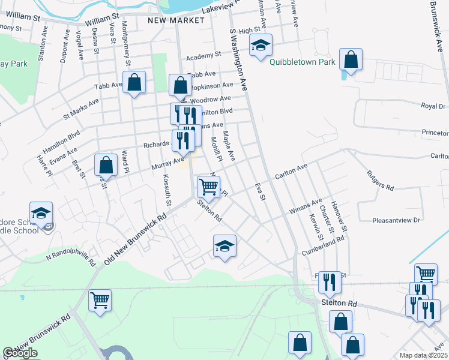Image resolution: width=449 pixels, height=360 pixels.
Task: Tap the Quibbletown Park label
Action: click(301, 62)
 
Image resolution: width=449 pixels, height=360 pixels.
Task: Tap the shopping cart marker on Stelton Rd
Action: click(208, 186)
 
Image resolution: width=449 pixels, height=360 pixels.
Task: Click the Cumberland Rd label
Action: click(324, 244)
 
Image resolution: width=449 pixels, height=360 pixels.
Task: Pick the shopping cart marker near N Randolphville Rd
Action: click(100, 300)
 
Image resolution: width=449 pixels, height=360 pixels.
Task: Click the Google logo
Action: click(20, 353)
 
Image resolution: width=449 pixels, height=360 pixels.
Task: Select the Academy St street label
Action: click(200, 56)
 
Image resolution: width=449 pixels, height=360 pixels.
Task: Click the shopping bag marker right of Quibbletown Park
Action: click(351, 60)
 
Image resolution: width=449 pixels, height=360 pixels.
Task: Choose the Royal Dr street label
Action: click(433, 106)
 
